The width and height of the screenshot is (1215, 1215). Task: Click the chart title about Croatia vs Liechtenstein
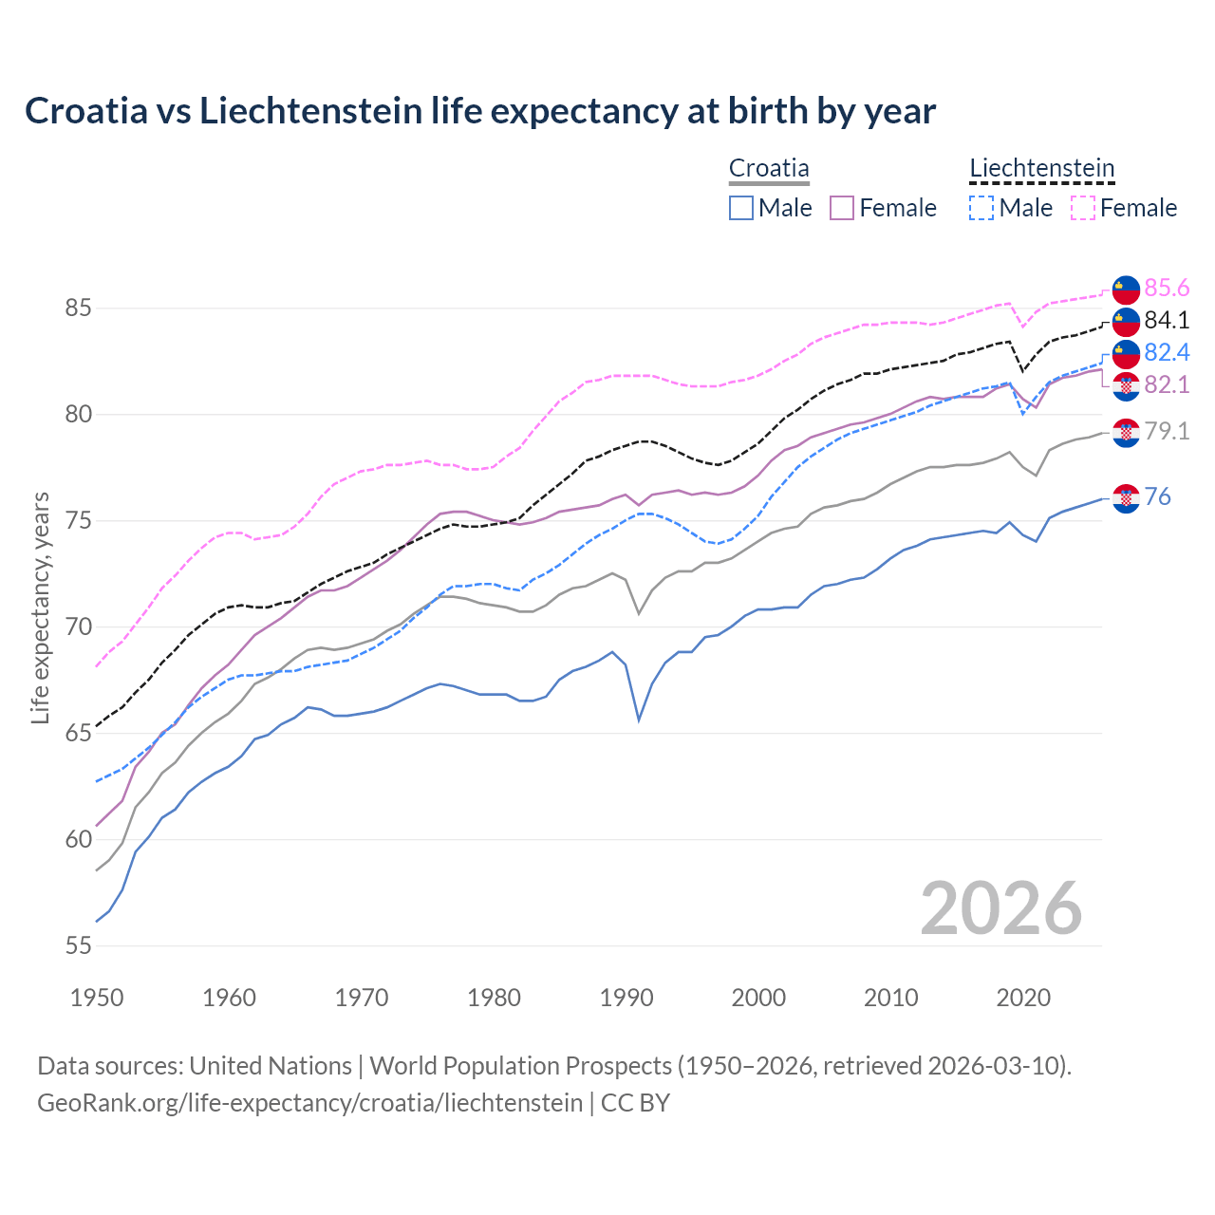tap(480, 111)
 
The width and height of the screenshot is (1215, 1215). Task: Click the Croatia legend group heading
tap(769, 169)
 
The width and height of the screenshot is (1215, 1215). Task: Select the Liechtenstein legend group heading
tap(1041, 169)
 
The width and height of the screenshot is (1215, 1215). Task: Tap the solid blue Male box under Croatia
tap(741, 208)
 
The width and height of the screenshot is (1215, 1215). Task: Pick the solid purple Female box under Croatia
tap(842, 208)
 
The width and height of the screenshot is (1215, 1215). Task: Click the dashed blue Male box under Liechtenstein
tap(981, 208)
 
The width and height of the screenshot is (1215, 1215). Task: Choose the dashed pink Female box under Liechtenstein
tap(1082, 208)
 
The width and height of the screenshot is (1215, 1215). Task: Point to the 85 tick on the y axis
tap(78, 308)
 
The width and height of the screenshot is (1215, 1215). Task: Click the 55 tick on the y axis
tap(78, 946)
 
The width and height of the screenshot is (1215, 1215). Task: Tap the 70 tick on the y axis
tap(78, 627)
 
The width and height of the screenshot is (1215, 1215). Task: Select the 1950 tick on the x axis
tap(97, 998)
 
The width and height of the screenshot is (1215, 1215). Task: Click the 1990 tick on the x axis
tap(626, 998)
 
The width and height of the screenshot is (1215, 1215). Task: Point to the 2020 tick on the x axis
tap(1023, 998)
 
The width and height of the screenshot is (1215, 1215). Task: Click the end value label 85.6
tap(1167, 288)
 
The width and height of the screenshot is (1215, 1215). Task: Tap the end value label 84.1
tap(1167, 320)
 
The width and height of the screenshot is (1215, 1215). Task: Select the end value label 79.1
tap(1167, 432)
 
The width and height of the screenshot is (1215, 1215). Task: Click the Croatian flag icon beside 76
tap(1126, 497)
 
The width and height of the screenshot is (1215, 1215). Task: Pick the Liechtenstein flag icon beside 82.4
tap(1126, 353)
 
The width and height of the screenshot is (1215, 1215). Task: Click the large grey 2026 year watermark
tap(1000, 908)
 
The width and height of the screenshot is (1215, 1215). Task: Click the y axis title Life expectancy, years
tap(41, 607)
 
